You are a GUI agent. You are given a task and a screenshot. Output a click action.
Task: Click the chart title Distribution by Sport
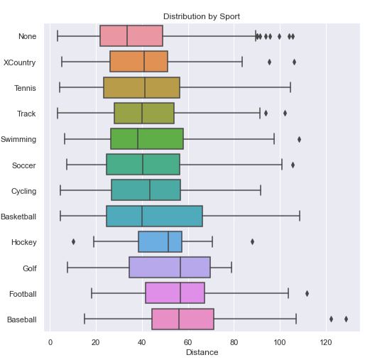(202, 16)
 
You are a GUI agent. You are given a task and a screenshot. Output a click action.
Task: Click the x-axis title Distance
(202, 352)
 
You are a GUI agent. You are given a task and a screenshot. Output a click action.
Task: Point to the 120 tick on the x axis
(326, 342)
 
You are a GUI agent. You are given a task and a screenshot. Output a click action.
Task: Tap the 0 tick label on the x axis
(50, 342)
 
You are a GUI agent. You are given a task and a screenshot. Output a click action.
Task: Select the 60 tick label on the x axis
(188, 342)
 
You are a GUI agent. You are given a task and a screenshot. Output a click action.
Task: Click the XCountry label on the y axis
(20, 62)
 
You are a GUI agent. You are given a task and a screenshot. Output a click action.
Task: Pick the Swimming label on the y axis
(18, 140)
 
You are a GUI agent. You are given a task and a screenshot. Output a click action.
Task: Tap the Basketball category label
(18, 217)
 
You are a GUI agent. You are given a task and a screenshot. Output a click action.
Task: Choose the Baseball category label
(21, 320)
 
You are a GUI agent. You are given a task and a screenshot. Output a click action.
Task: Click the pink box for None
(131, 36)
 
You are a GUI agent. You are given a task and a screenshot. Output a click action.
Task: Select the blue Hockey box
(160, 242)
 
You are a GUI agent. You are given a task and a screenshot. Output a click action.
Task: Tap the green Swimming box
(147, 139)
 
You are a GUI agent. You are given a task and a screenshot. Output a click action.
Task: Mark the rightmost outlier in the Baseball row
(346, 320)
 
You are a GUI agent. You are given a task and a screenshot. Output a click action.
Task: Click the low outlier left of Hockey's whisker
(73, 242)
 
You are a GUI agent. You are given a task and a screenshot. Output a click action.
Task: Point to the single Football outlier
(307, 293)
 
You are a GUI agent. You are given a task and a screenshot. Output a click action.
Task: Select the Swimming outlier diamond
(299, 139)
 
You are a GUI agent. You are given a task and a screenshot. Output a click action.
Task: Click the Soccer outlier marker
(293, 165)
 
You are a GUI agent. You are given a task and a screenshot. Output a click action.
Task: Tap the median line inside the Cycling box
(150, 191)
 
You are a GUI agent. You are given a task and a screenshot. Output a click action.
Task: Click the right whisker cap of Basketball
(300, 217)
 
